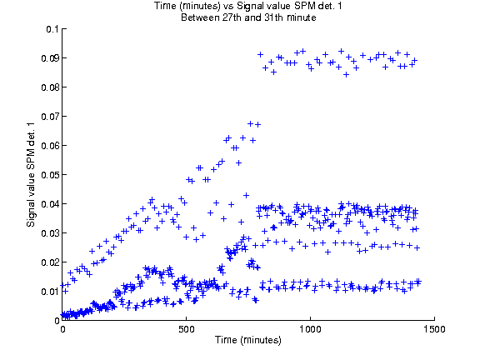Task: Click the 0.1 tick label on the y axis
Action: click(52, 29)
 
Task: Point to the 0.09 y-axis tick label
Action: click(50, 58)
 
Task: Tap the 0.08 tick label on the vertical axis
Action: click(50, 87)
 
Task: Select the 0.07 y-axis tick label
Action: click(50, 117)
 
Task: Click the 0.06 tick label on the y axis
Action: click(50, 146)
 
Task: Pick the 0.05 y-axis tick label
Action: click(50, 175)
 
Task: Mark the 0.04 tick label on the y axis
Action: click(50, 204)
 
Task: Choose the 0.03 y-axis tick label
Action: click(50, 233)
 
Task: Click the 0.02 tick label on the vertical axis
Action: click(50, 262)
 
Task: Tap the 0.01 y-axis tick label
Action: click(50, 292)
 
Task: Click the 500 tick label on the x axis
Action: click(187, 329)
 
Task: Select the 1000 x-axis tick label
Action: click(310, 329)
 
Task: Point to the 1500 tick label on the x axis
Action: click(434, 329)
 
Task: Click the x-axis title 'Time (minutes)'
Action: click(248, 340)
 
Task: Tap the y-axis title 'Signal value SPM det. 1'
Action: click(31, 175)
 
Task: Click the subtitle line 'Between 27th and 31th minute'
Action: click(248, 17)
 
